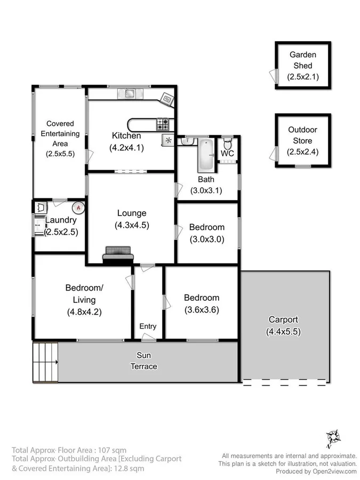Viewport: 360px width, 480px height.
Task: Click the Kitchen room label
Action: click(126, 135)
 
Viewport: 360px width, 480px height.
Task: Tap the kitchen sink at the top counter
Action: click(130, 94)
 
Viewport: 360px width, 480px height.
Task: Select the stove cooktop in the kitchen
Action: click(163, 124)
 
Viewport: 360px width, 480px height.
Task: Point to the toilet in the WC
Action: click(228, 143)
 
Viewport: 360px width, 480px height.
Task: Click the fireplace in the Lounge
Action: click(118, 254)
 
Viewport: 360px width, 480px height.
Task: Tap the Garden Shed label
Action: click(303, 59)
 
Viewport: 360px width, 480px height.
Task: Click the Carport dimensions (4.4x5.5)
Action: click(283, 332)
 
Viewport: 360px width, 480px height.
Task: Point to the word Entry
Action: click(148, 326)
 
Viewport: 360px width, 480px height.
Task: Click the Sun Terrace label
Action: click(144, 361)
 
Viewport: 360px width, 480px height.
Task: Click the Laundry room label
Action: click(61, 220)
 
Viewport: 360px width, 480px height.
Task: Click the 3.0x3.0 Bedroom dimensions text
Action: click(207, 239)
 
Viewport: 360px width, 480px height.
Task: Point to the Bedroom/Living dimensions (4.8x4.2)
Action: click(84, 311)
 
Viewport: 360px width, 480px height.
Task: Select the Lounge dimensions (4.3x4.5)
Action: click(132, 225)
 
